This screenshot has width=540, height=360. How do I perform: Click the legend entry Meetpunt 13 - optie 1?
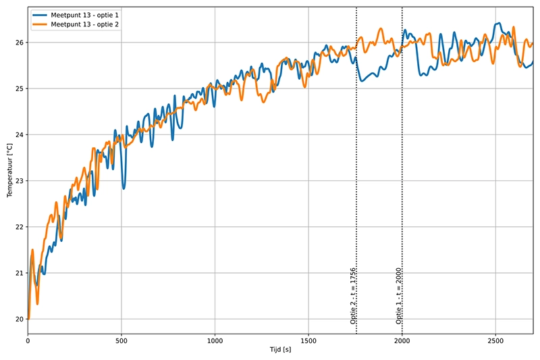(80, 14)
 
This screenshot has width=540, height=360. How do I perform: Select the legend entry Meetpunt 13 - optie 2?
(80, 24)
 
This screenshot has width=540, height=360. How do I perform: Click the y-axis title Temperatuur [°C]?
(9, 170)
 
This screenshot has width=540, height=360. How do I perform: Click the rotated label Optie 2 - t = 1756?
(353, 296)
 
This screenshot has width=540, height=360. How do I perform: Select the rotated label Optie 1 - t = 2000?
(399, 296)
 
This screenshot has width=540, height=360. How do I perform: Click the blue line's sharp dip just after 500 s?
(124, 188)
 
